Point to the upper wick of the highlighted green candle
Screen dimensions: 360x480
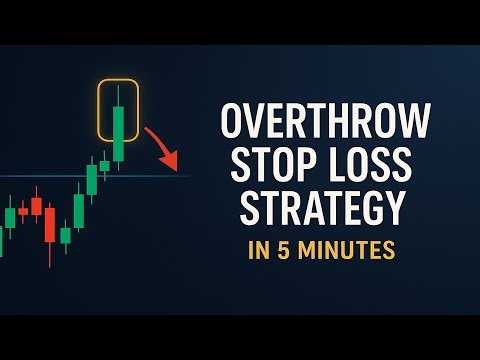click(119, 96)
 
